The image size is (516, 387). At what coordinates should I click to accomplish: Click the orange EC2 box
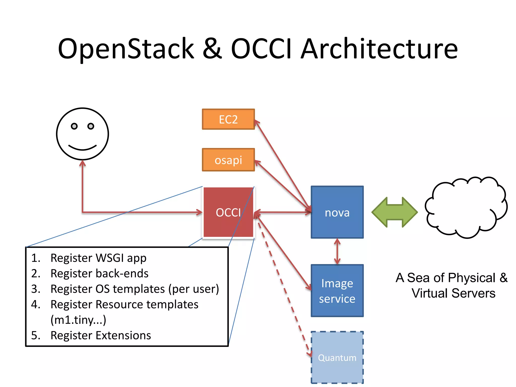pos(228,119)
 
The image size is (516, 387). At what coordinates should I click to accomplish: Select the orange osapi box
pos(228,160)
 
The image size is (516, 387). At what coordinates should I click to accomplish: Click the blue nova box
pos(337,212)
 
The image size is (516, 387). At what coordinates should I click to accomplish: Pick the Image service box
pos(337,291)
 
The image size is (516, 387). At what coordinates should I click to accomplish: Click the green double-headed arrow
pos(395,212)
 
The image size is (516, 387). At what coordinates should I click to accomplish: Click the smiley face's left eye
pos(74,126)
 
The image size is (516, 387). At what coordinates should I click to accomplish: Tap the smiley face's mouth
pos(82,148)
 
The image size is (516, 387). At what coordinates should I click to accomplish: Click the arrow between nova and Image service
pos(337,251)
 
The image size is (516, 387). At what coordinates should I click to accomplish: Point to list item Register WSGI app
pos(98,258)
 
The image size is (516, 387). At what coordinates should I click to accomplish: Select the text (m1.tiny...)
pos(78,320)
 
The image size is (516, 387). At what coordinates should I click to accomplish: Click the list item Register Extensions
pos(101,335)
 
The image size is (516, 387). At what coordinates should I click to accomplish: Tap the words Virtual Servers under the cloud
pos(453,293)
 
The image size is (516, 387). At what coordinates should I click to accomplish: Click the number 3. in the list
pos(36,289)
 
